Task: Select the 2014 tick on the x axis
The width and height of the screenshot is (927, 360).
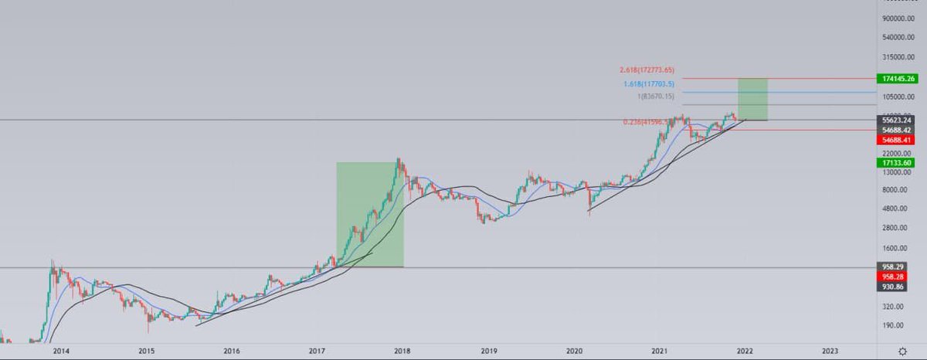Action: point(59,351)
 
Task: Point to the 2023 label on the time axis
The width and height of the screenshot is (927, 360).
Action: point(829,351)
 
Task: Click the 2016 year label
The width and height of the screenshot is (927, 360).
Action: point(230,351)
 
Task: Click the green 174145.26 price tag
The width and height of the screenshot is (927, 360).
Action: point(901,79)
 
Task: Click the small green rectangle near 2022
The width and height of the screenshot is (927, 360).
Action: point(752,99)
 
